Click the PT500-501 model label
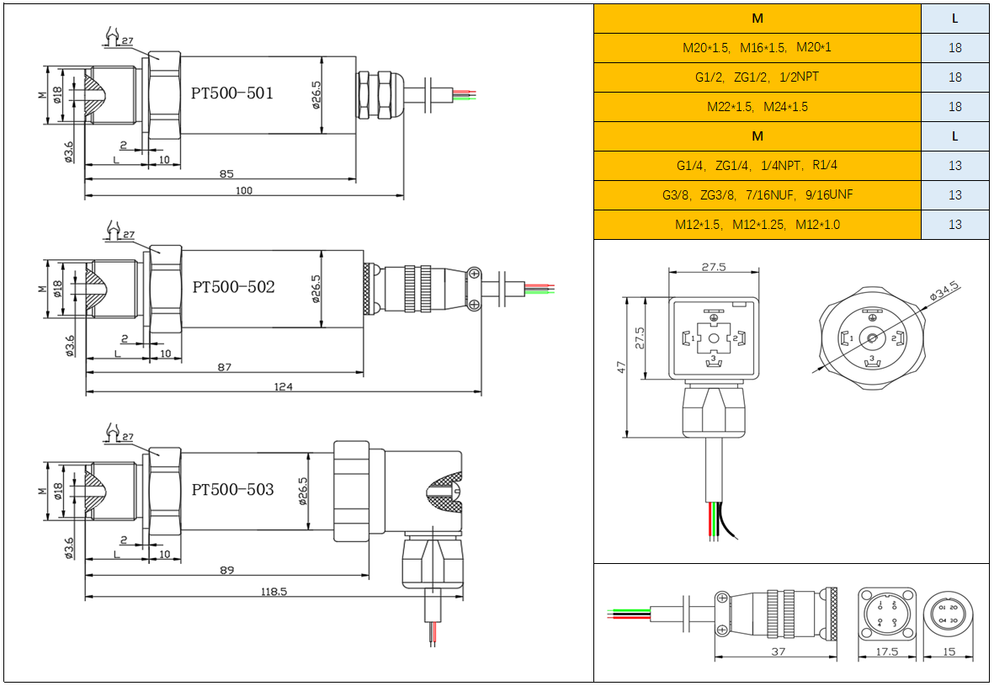tap(232, 93)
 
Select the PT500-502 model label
tap(233, 287)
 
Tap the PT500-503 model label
tap(232, 489)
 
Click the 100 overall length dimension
tap(244, 191)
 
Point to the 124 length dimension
tap(284, 386)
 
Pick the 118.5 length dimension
tap(274, 592)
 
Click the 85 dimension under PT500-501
tap(226, 174)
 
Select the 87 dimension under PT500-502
tap(224, 367)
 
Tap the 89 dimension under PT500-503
tap(226, 571)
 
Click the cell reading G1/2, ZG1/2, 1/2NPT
tap(757, 77)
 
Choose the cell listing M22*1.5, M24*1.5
tap(757, 107)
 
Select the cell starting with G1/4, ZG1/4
tap(757, 166)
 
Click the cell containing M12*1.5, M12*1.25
tap(757, 225)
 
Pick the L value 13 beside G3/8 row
tap(954, 195)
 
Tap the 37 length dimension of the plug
tap(778, 651)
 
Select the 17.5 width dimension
tap(887, 651)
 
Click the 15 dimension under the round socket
tap(949, 651)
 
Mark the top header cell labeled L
tap(954, 19)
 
